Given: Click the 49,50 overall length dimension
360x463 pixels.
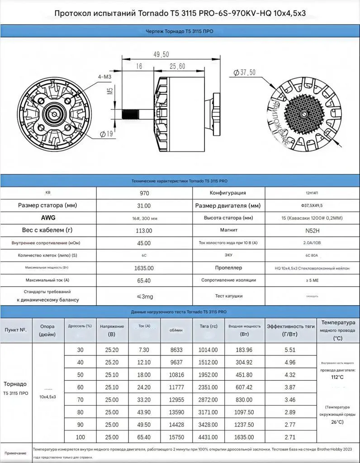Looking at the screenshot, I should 161,55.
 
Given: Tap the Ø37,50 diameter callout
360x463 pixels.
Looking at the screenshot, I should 245,72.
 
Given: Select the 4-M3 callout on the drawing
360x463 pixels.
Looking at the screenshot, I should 104,77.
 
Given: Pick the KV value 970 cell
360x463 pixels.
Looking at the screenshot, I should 144,193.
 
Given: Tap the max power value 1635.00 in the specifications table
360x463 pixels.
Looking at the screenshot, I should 144,268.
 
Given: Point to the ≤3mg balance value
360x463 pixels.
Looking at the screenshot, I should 144,297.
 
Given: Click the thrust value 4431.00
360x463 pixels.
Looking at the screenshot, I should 208,437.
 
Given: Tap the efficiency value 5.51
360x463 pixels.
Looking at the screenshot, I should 290,350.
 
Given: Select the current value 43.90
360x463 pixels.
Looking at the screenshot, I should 144,412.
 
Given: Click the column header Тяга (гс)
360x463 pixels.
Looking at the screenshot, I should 208,326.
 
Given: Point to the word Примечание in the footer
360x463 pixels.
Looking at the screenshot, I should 15,453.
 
